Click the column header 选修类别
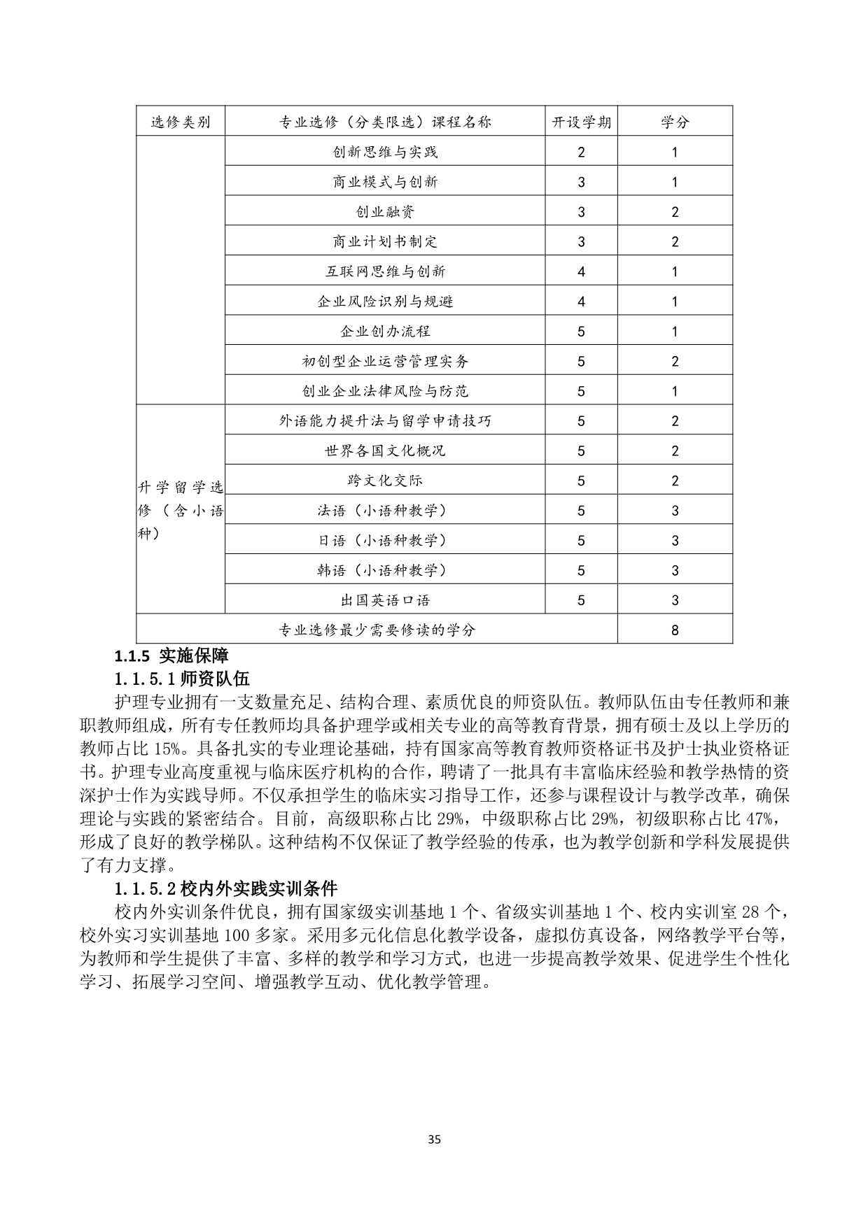(x=181, y=122)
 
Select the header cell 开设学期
(x=581, y=122)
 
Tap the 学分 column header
(x=675, y=122)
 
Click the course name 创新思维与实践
(x=385, y=152)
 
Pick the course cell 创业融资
(x=385, y=211)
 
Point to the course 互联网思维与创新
(x=385, y=271)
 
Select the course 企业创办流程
(x=385, y=331)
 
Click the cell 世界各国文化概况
(x=385, y=451)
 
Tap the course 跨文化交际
(x=385, y=481)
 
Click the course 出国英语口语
(x=385, y=600)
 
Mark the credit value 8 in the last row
(x=675, y=630)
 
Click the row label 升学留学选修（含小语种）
(x=181, y=511)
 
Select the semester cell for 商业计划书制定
(x=581, y=241)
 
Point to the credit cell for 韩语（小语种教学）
(x=675, y=570)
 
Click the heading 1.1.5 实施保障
(x=171, y=655)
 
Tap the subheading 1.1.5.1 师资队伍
(x=182, y=678)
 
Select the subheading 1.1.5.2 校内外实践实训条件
(x=226, y=888)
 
